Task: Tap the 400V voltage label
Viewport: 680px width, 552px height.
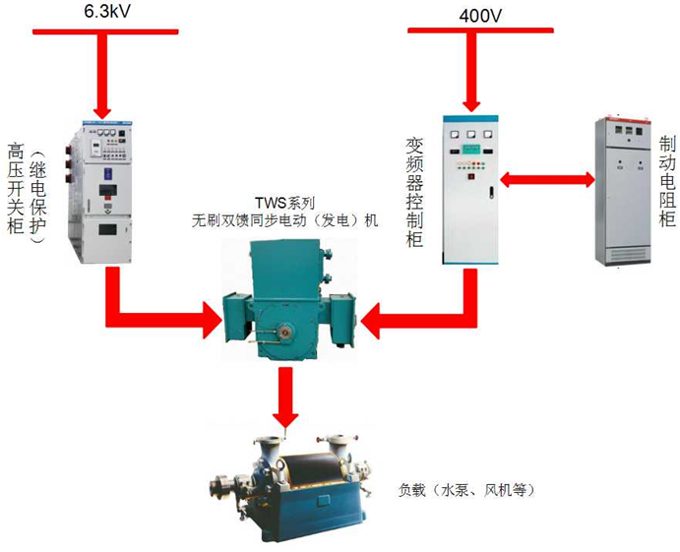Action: [x=479, y=15]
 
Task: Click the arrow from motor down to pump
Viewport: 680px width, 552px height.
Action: [x=284, y=394]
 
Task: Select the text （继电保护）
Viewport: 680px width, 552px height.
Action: [x=38, y=203]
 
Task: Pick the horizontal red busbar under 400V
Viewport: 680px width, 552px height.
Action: [x=473, y=31]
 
